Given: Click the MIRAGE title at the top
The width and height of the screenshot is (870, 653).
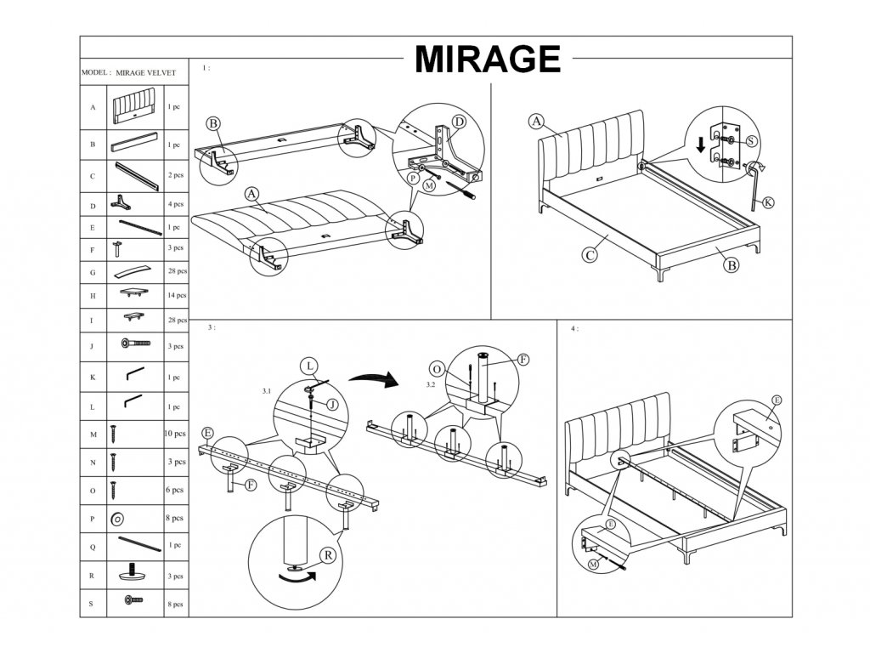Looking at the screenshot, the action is tap(487, 60).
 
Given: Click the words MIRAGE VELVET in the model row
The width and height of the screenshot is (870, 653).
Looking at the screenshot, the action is tap(145, 74).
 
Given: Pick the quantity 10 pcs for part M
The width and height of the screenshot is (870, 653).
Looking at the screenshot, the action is tap(174, 434).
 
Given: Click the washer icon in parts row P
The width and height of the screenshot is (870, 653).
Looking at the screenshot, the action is tap(117, 518).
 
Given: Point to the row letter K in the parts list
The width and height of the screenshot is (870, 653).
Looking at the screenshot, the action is tap(92, 376).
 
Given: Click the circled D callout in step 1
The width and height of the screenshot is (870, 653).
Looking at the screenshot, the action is tap(459, 122).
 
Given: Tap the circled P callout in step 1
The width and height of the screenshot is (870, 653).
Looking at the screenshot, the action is tap(413, 179).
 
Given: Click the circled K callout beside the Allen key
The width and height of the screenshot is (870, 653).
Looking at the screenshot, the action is tap(768, 202).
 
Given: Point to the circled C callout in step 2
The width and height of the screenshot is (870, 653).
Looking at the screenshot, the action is tap(587, 253).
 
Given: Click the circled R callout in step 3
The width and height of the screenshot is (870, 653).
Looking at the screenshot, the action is tap(325, 555).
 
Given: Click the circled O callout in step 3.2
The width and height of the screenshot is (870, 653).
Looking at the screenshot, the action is tap(437, 370).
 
